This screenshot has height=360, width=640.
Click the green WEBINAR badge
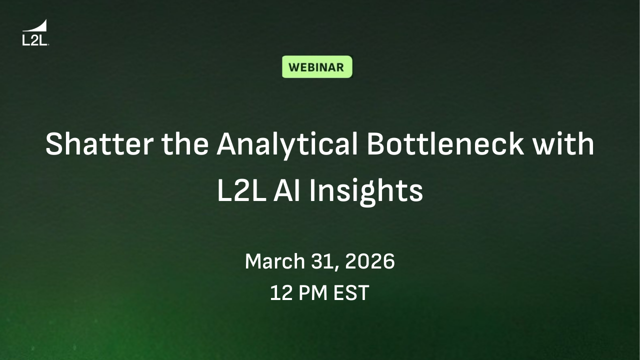point(317,67)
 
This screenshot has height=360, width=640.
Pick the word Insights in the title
point(366,191)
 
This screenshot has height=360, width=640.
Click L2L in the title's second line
point(240,191)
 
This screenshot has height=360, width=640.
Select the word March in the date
point(274,261)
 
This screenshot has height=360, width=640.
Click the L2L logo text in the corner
point(34,40)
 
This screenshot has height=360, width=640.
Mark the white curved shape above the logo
point(39,26)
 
